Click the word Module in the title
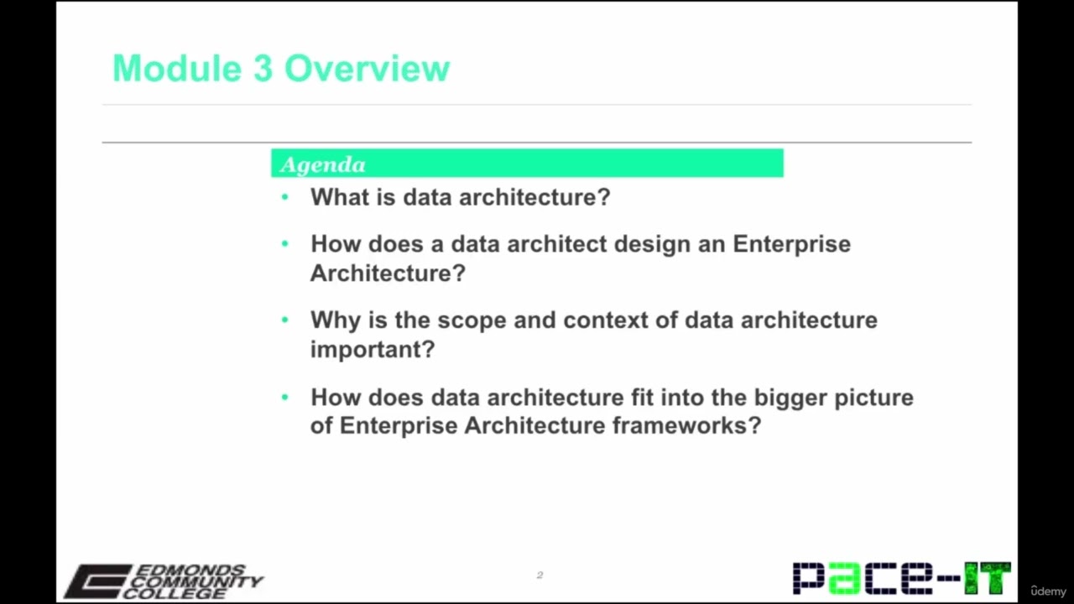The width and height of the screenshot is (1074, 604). point(176,69)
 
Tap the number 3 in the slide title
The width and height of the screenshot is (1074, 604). point(263,69)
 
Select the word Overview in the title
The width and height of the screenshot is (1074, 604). point(367,69)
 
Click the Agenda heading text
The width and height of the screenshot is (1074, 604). point(323,164)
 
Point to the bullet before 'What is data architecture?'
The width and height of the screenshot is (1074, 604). point(285,197)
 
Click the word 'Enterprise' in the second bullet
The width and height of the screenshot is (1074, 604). point(791,244)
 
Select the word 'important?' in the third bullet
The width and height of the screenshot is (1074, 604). point(372,349)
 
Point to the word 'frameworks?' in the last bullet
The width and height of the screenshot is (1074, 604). point(686,425)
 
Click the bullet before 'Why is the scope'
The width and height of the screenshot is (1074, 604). point(285,320)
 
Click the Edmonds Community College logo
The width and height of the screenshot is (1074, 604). point(164,581)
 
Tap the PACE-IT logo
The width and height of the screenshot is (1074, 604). point(901,578)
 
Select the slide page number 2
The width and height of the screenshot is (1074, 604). point(540,575)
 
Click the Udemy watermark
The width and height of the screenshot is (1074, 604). point(1048,591)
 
